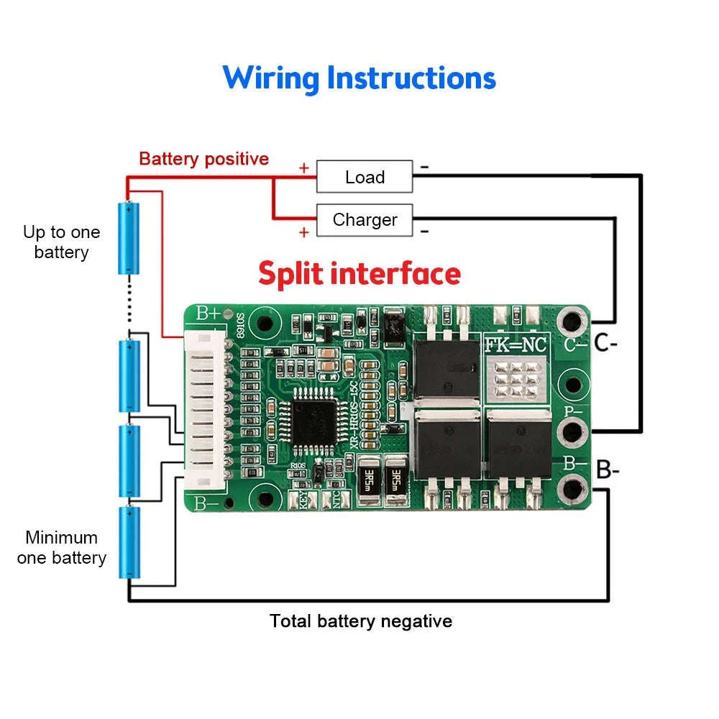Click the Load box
[365, 177]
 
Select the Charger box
[365, 220]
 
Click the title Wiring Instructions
[359, 78]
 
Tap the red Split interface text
[359, 274]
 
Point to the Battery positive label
[203, 159]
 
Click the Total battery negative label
[361, 620]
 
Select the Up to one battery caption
[61, 242]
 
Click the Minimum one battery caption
[61, 547]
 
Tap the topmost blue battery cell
[129, 238]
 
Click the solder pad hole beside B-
[573, 489]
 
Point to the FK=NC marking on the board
[516, 345]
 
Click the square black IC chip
[314, 420]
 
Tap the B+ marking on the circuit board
[208, 313]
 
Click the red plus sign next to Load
[304, 168]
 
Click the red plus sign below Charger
[304, 232]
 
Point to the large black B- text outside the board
[608, 470]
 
